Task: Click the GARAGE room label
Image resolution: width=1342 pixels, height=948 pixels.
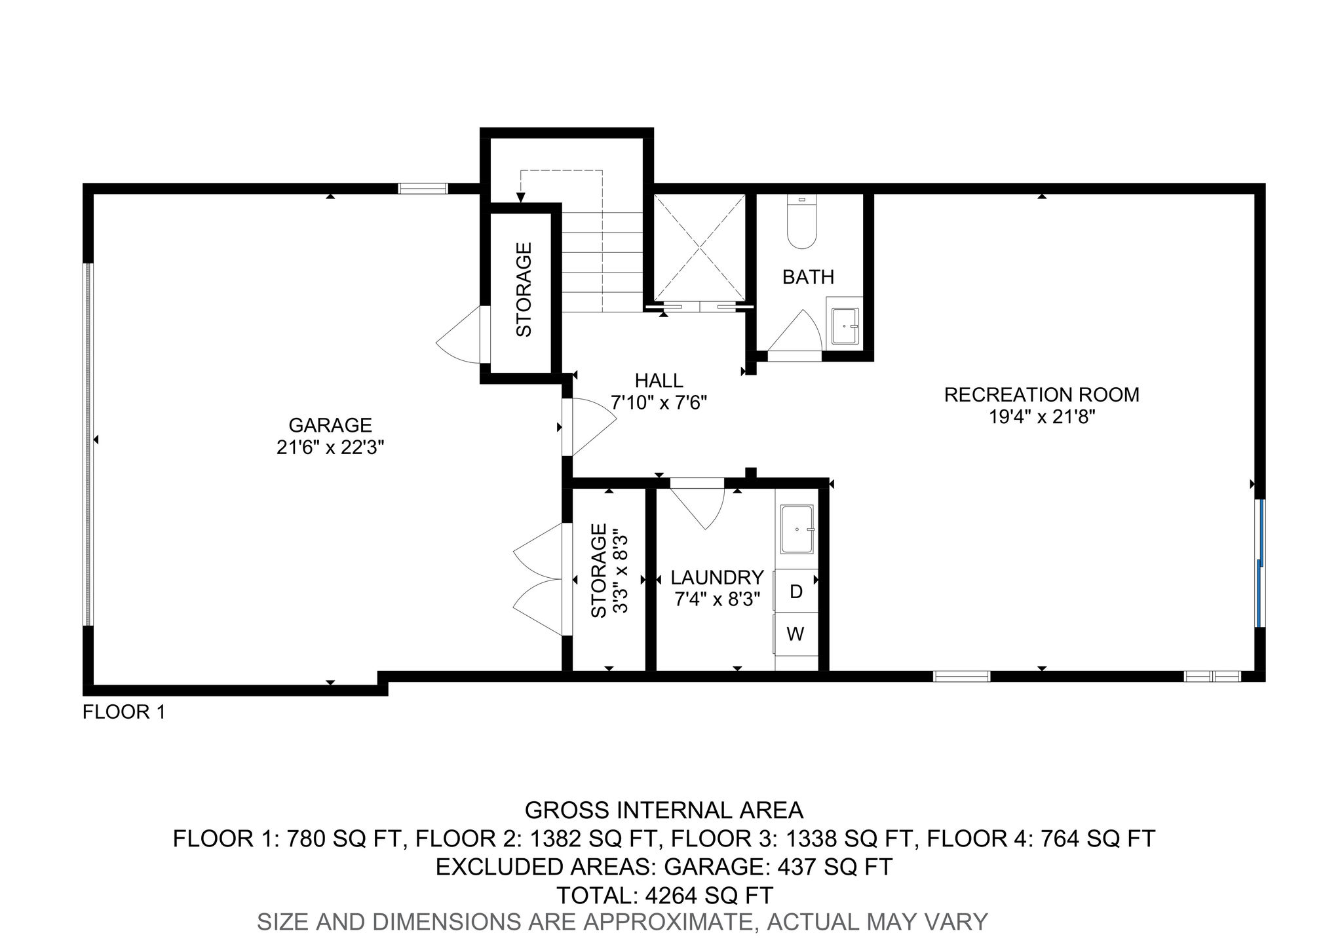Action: pos(330,425)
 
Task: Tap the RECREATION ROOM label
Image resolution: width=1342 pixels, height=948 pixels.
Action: pos(1042,394)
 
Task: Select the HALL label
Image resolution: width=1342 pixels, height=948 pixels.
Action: pos(659,380)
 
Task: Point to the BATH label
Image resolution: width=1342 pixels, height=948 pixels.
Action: pos(809,277)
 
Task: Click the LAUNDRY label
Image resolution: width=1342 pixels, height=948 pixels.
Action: pos(718,577)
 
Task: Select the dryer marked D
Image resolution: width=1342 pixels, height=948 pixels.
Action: pos(796,592)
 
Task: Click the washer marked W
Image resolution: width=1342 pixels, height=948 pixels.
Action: pos(796,634)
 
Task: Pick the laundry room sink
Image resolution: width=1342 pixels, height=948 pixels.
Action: pos(797,528)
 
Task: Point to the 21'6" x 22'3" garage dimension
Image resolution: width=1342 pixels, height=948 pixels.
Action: pos(330,447)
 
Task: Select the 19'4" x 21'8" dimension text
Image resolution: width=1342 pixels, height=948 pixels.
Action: pos(1042,417)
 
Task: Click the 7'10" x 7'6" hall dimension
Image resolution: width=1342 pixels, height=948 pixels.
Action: pos(659,402)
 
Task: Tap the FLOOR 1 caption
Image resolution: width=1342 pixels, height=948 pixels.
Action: pos(124,711)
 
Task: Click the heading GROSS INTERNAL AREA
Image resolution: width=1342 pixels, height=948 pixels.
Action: pos(664,810)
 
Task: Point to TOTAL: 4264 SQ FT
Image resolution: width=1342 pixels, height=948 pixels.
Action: pos(664,895)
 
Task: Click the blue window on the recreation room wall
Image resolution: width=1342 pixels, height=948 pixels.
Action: pos(1260,563)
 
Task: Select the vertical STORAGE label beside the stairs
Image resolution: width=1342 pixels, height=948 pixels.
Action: pos(524,290)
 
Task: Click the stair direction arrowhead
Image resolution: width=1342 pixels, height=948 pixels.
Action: pos(521,197)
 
